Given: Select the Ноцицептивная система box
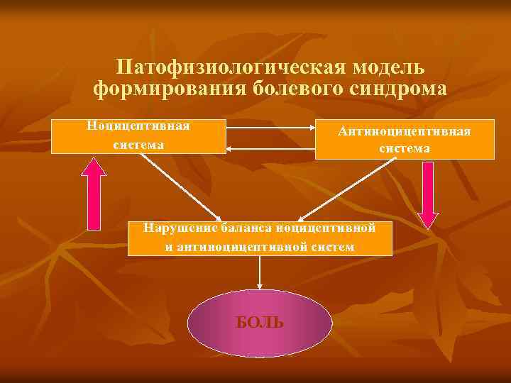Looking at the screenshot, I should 139,136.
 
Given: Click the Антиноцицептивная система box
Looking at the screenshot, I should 405,139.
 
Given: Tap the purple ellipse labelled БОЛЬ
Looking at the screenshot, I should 260,323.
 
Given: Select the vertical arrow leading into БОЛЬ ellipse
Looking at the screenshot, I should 260,272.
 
